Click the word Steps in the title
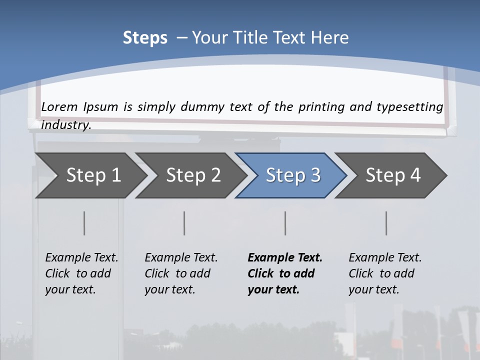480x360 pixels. (x=145, y=38)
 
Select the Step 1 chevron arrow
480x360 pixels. (x=90, y=175)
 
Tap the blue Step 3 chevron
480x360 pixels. (x=292, y=175)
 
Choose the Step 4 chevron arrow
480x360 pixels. (x=392, y=175)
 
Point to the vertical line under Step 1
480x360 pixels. (x=84, y=223)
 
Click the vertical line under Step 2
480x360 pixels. (x=184, y=223)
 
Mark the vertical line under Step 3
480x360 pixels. (x=285, y=223)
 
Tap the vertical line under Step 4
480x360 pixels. (x=386, y=223)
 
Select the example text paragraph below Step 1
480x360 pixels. (x=81, y=273)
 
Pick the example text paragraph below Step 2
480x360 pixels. (x=181, y=273)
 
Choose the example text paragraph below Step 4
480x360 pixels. (x=385, y=273)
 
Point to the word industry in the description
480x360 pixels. (x=66, y=124)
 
